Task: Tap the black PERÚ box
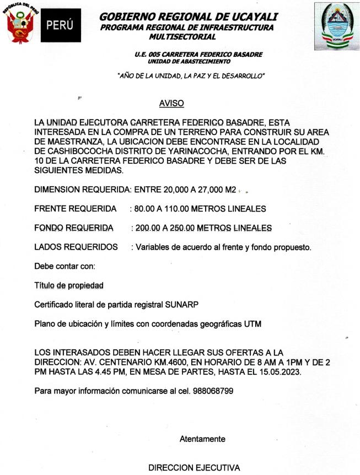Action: tap(61, 26)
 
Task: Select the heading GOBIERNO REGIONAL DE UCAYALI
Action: tap(189, 17)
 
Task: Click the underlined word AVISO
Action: tap(171, 103)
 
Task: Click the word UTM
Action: tap(252, 325)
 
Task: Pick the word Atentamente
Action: tap(202, 439)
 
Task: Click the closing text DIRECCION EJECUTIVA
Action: tap(195, 468)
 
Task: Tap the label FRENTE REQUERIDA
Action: tap(76, 209)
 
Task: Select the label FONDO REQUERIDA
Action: tap(74, 228)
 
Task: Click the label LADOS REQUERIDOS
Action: tap(76, 247)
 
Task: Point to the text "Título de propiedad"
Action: tap(69, 285)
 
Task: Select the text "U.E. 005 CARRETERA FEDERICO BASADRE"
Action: tap(198, 54)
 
